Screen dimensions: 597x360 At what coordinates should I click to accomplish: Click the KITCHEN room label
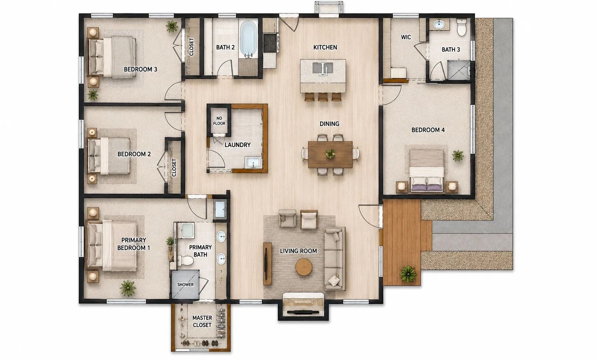coord(325,47)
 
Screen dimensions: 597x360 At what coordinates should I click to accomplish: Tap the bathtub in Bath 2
coord(248,40)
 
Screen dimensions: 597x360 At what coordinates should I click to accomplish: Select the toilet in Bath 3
coord(461,27)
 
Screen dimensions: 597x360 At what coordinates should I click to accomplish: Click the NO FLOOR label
coord(219,121)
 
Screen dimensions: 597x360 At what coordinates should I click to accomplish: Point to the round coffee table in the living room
coord(303,267)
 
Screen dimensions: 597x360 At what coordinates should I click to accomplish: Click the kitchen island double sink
coord(323,68)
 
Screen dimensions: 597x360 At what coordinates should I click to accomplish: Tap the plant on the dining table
coord(330,154)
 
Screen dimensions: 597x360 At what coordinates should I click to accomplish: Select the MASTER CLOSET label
coord(202,321)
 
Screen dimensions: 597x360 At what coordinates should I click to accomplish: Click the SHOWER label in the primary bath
coord(185,285)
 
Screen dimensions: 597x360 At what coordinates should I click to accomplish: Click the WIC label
coord(406,37)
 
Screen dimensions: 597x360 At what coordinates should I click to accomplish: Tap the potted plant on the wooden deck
coord(408,274)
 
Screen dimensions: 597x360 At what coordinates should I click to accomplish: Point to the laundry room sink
coord(253,162)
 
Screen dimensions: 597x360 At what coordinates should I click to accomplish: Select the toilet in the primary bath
coord(186,260)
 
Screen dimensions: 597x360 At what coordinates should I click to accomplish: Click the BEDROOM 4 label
coord(428,130)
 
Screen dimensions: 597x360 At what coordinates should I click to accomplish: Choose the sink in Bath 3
coord(438,24)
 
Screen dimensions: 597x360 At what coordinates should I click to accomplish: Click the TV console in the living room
coord(267,264)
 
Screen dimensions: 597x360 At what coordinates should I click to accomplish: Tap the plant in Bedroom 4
coord(458,156)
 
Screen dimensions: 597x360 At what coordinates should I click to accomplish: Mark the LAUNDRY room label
coord(237,145)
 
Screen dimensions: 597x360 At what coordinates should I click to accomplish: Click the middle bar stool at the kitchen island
coord(323,97)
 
